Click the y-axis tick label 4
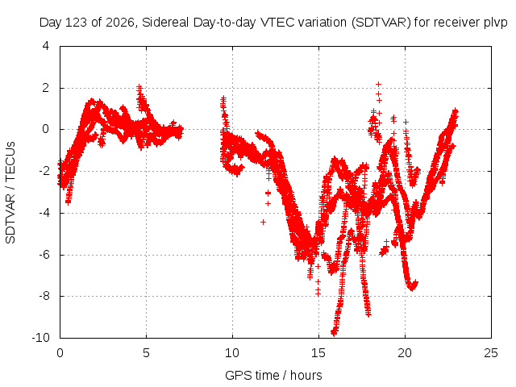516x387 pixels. coord(46,46)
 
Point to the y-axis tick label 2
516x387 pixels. coord(46,88)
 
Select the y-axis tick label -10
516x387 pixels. coord(41,337)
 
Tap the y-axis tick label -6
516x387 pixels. coord(44,254)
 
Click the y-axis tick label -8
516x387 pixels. coord(44,296)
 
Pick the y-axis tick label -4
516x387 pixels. coord(44,212)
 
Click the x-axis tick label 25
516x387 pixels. coord(491,353)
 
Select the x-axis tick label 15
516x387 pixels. coord(318,353)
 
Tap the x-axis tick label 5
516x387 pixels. coord(146,353)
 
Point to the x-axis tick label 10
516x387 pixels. coord(232,353)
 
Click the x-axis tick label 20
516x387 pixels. coord(405,353)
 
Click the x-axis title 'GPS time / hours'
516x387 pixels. coord(273,375)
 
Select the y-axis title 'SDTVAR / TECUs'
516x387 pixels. coord(10,193)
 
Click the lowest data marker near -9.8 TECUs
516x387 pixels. coord(334,333)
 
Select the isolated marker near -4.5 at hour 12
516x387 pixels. coord(263,223)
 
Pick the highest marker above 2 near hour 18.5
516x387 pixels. coord(378,84)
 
